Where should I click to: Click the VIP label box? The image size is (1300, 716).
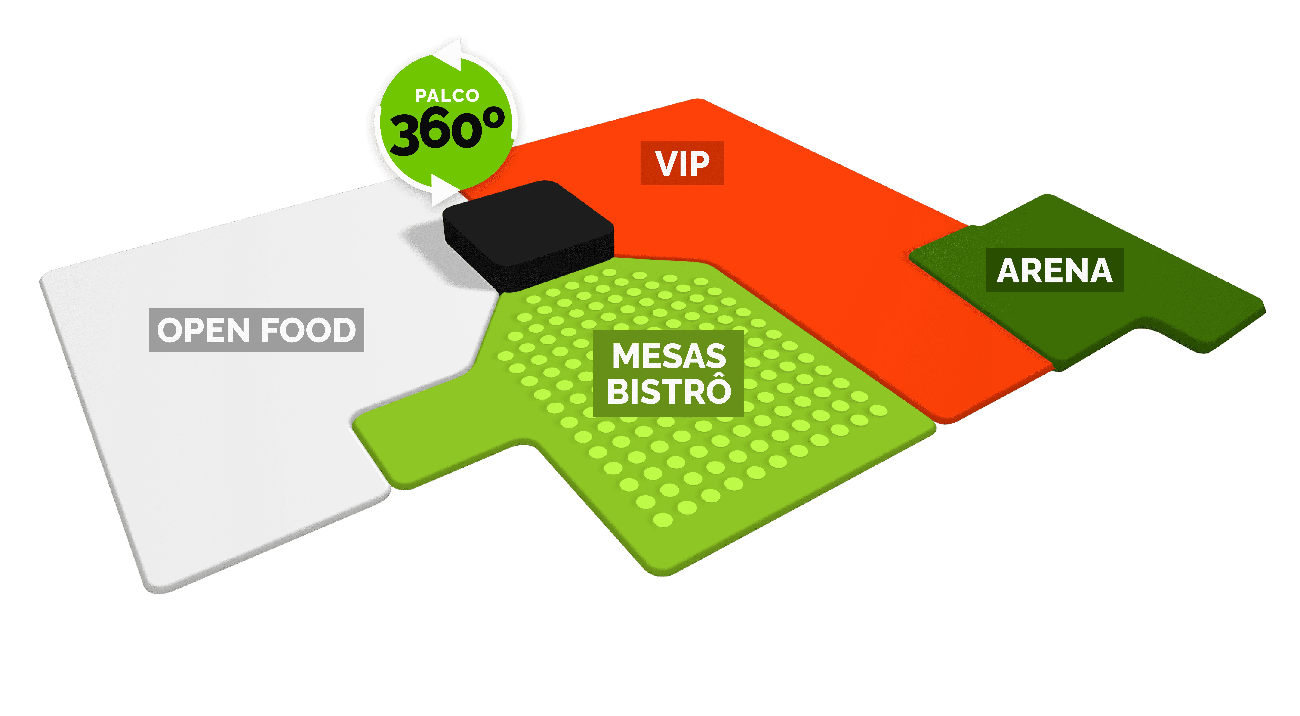point(682,163)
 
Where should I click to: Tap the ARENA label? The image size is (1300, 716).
point(1055,270)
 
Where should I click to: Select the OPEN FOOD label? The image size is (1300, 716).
point(256,330)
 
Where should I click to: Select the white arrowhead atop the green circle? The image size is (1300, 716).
point(447,56)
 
